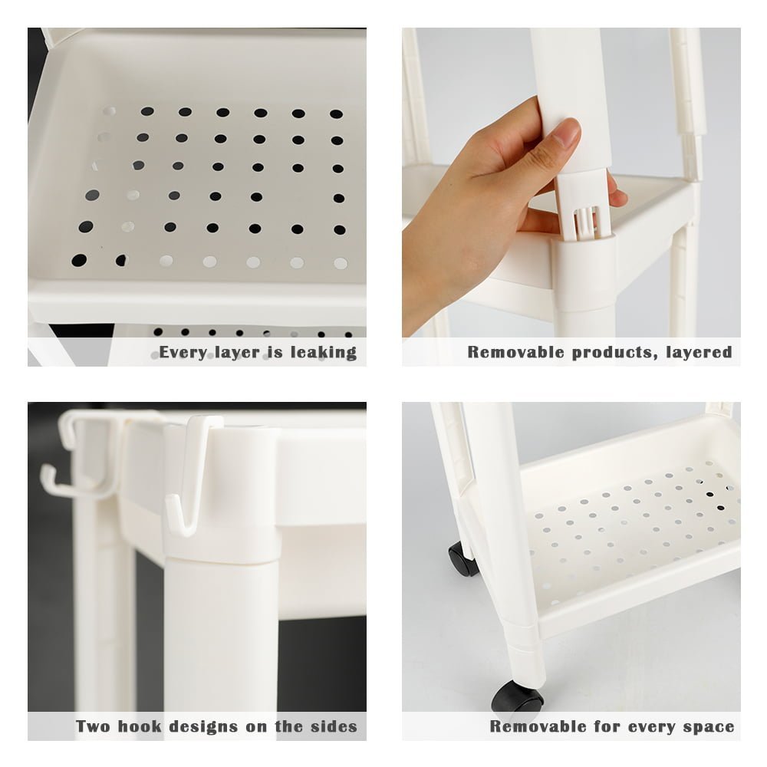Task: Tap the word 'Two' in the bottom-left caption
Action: pos(93,726)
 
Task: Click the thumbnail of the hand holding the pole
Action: pos(571,197)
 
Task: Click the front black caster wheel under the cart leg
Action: pos(518,696)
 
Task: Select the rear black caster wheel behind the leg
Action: pos(463,558)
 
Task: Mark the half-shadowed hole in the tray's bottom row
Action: pos(121,260)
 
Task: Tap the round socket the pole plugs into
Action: pos(585,274)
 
